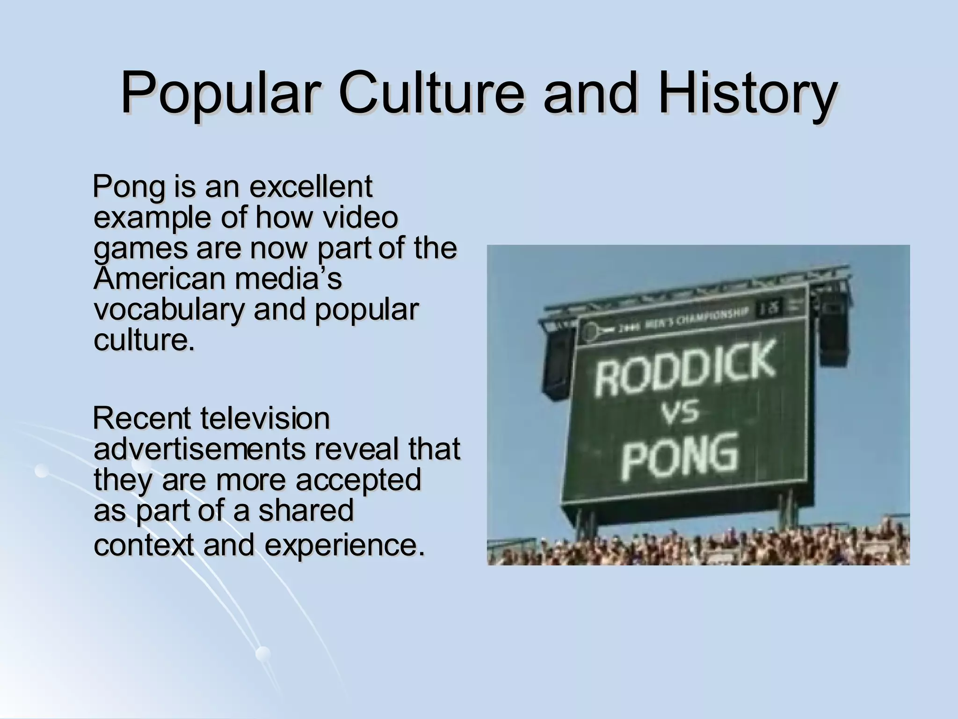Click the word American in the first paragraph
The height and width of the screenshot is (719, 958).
[159, 278]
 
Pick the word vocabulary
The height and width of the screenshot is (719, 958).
[168, 310]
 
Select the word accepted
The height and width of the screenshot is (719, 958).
[359, 480]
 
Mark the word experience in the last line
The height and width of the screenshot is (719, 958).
[345, 545]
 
